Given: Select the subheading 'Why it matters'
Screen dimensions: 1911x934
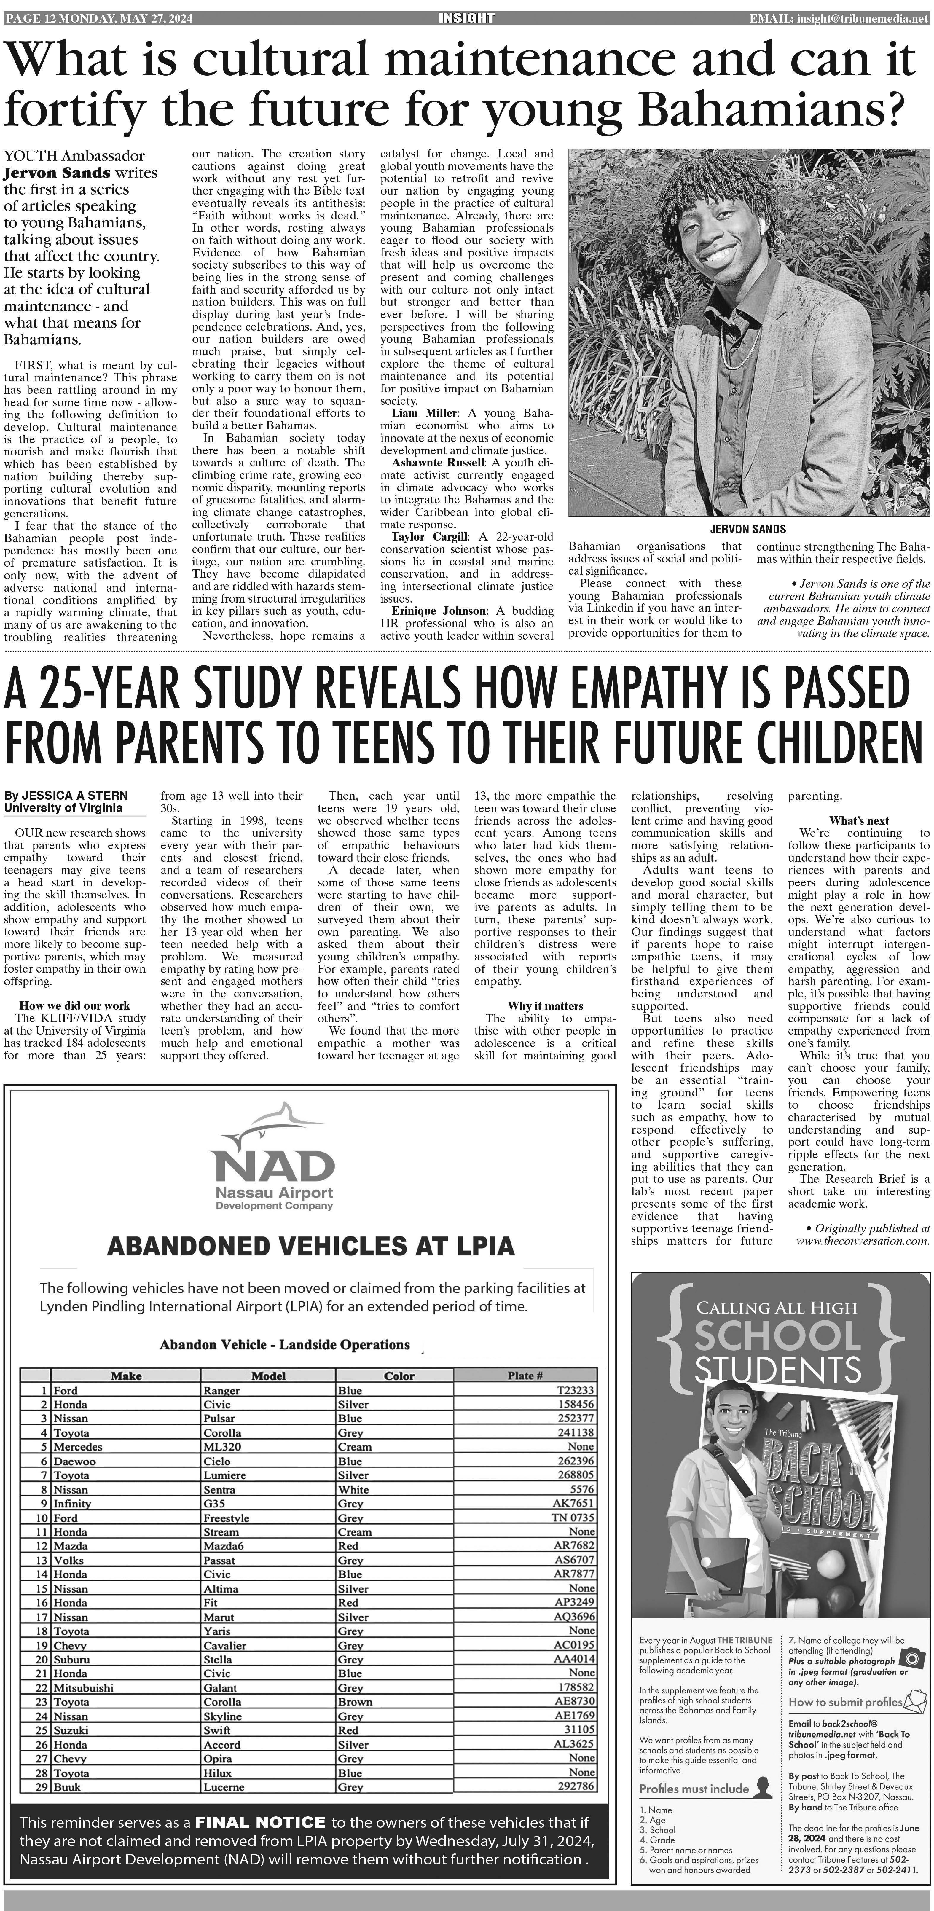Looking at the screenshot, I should [545, 1006].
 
